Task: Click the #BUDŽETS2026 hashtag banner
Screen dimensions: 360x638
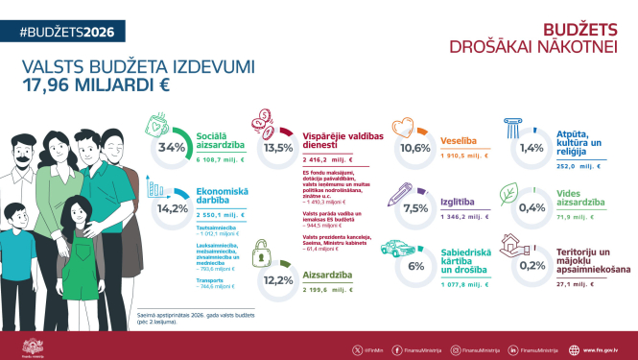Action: tap(66, 32)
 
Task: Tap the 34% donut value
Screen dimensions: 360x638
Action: tap(172, 148)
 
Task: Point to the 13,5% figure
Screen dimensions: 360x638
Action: tap(278, 149)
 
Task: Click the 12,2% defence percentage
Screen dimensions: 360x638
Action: tap(278, 280)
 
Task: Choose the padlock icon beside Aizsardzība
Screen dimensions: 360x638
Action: tap(261, 255)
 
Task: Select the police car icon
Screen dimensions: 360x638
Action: tap(397, 248)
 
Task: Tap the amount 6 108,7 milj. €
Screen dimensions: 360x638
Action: tap(222, 160)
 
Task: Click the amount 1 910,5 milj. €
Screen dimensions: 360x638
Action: tap(465, 155)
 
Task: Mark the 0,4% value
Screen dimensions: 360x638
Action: tap(532, 208)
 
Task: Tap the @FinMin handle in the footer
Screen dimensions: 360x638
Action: tap(373, 349)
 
